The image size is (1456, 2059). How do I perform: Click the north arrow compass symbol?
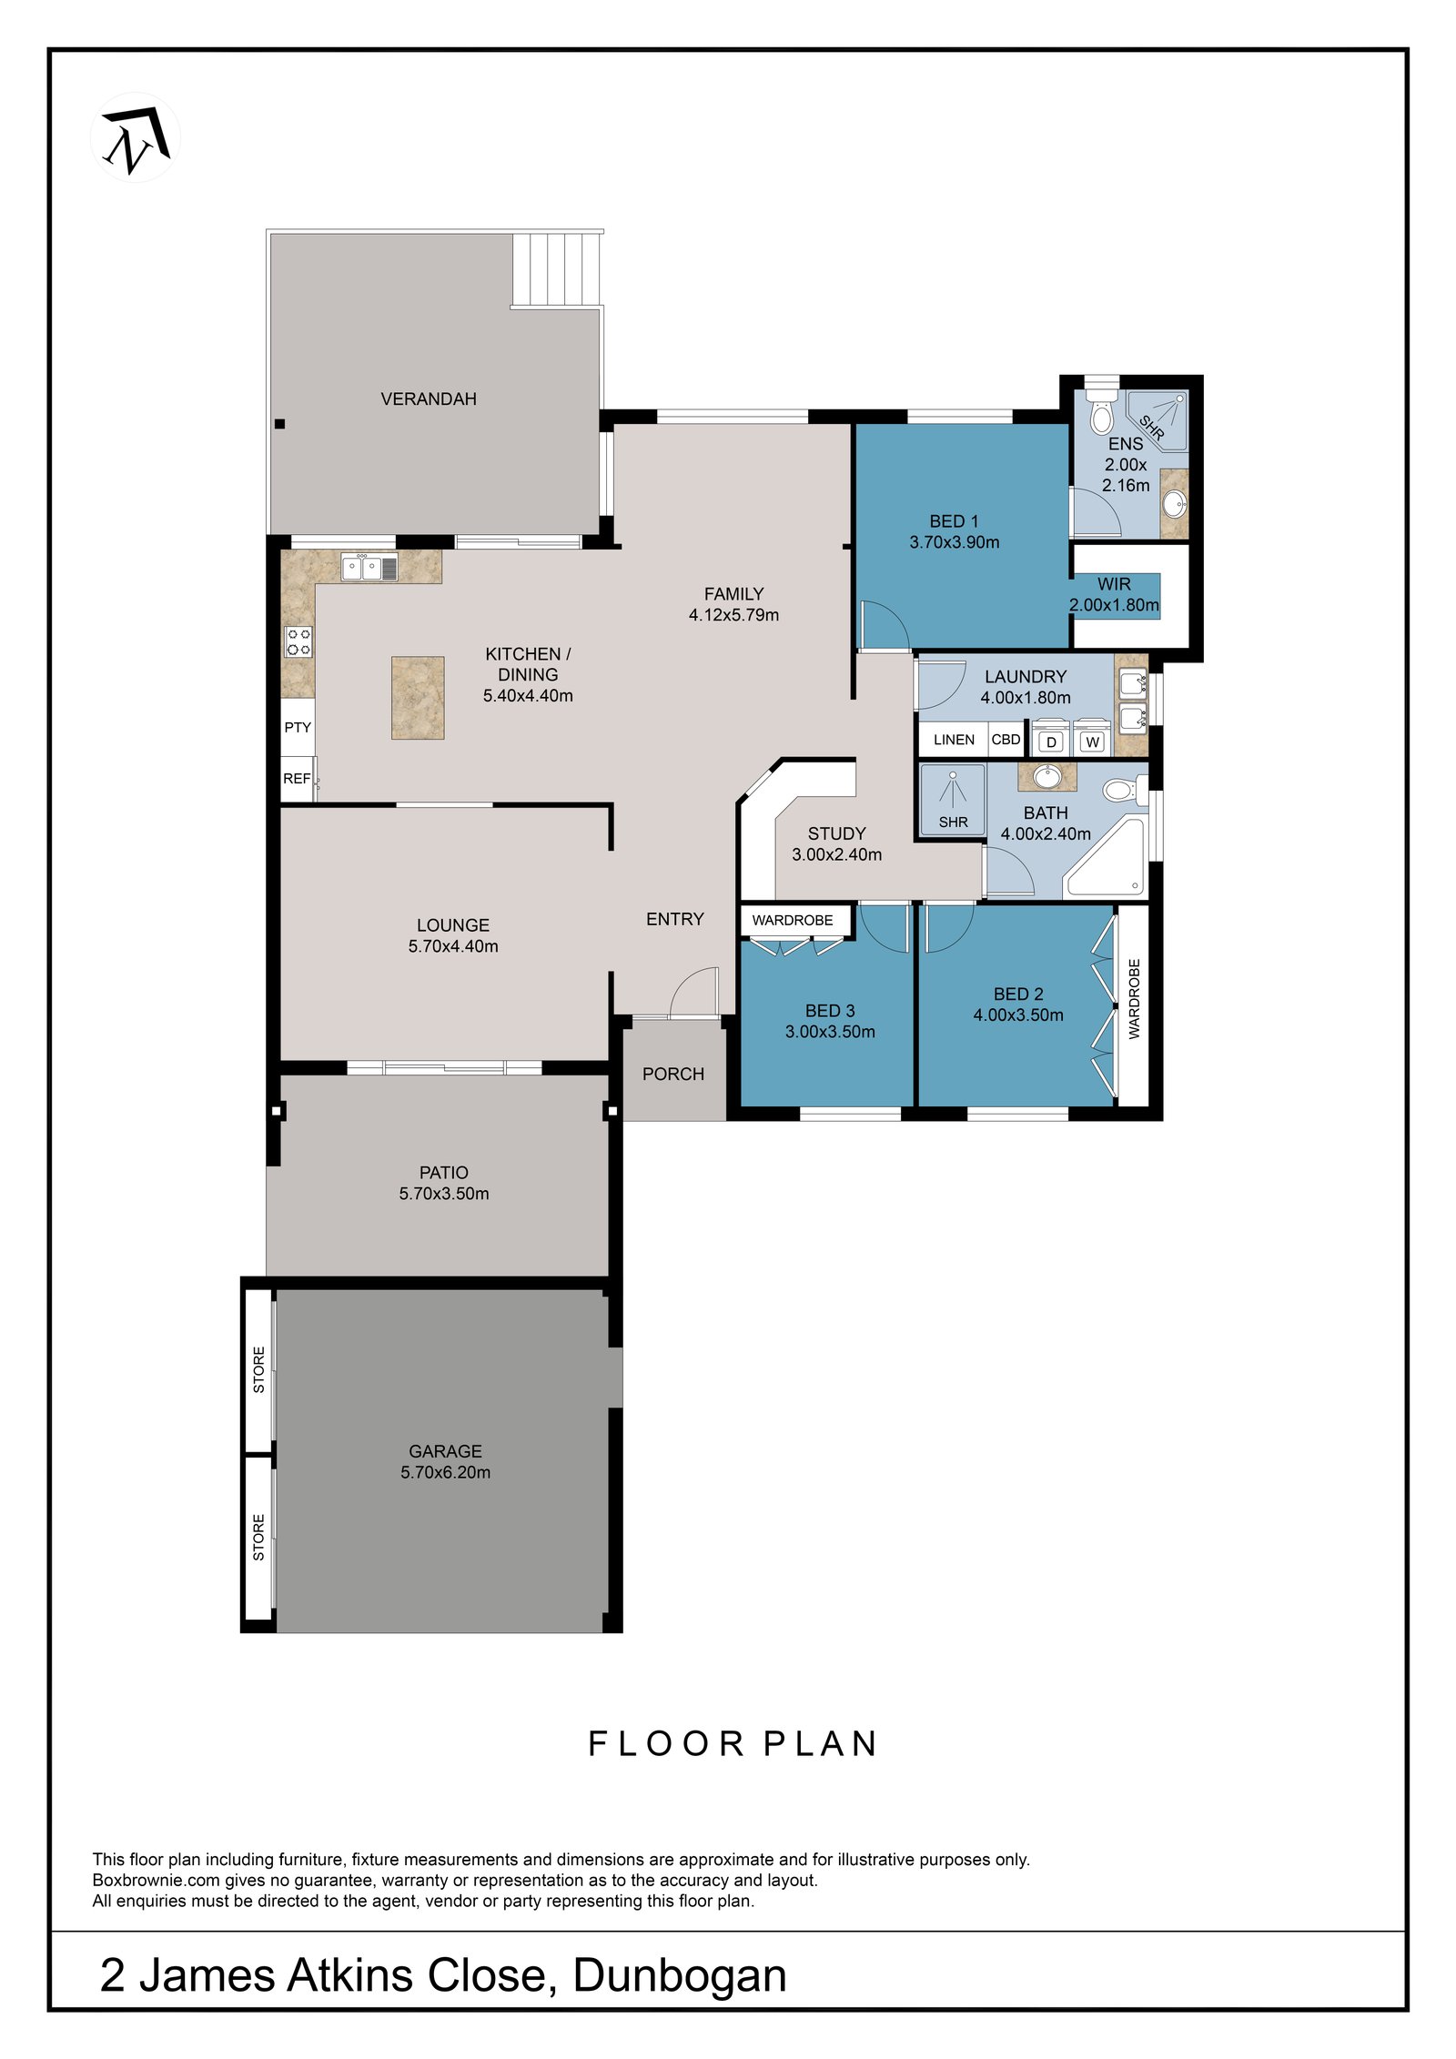click(x=135, y=137)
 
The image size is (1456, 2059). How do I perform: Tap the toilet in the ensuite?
click(x=1101, y=409)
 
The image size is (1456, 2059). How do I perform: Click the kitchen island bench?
click(x=418, y=698)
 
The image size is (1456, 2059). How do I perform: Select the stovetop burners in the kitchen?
click(x=298, y=641)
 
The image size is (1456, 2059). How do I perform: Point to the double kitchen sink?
click(x=369, y=568)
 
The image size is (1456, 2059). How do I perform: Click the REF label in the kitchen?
click(x=297, y=779)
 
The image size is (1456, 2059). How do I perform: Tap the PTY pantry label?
click(x=298, y=728)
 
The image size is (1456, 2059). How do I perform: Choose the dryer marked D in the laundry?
click(x=1052, y=742)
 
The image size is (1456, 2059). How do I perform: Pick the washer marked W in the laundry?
click(x=1093, y=742)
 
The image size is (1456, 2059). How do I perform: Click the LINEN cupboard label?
click(x=954, y=740)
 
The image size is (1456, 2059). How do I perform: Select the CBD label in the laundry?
click(x=1006, y=740)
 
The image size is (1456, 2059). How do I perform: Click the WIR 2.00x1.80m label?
click(x=1114, y=595)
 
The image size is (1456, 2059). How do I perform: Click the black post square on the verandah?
click(x=280, y=424)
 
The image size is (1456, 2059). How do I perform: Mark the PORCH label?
click(x=673, y=1075)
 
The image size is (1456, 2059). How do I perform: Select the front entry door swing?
click(x=694, y=993)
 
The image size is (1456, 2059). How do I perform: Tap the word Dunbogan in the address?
click(x=680, y=1976)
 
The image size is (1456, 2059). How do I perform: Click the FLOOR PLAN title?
click(x=733, y=1744)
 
